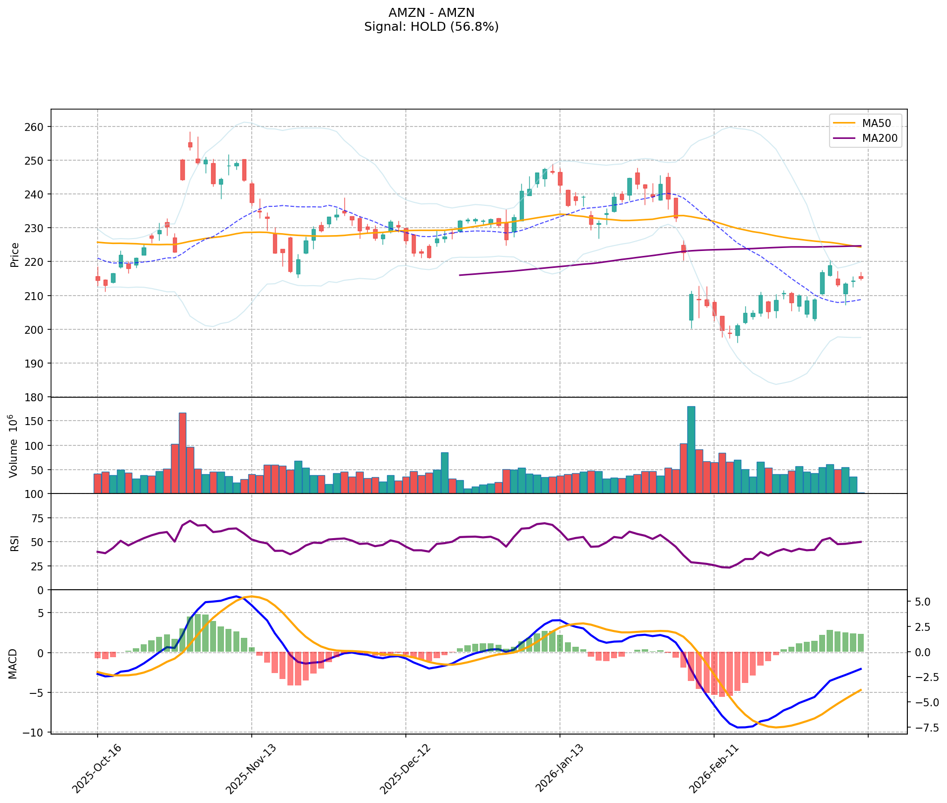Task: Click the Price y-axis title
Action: pos(15,254)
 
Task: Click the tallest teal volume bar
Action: pos(691,449)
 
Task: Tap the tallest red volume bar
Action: pos(182,453)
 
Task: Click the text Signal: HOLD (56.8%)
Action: pos(431,27)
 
